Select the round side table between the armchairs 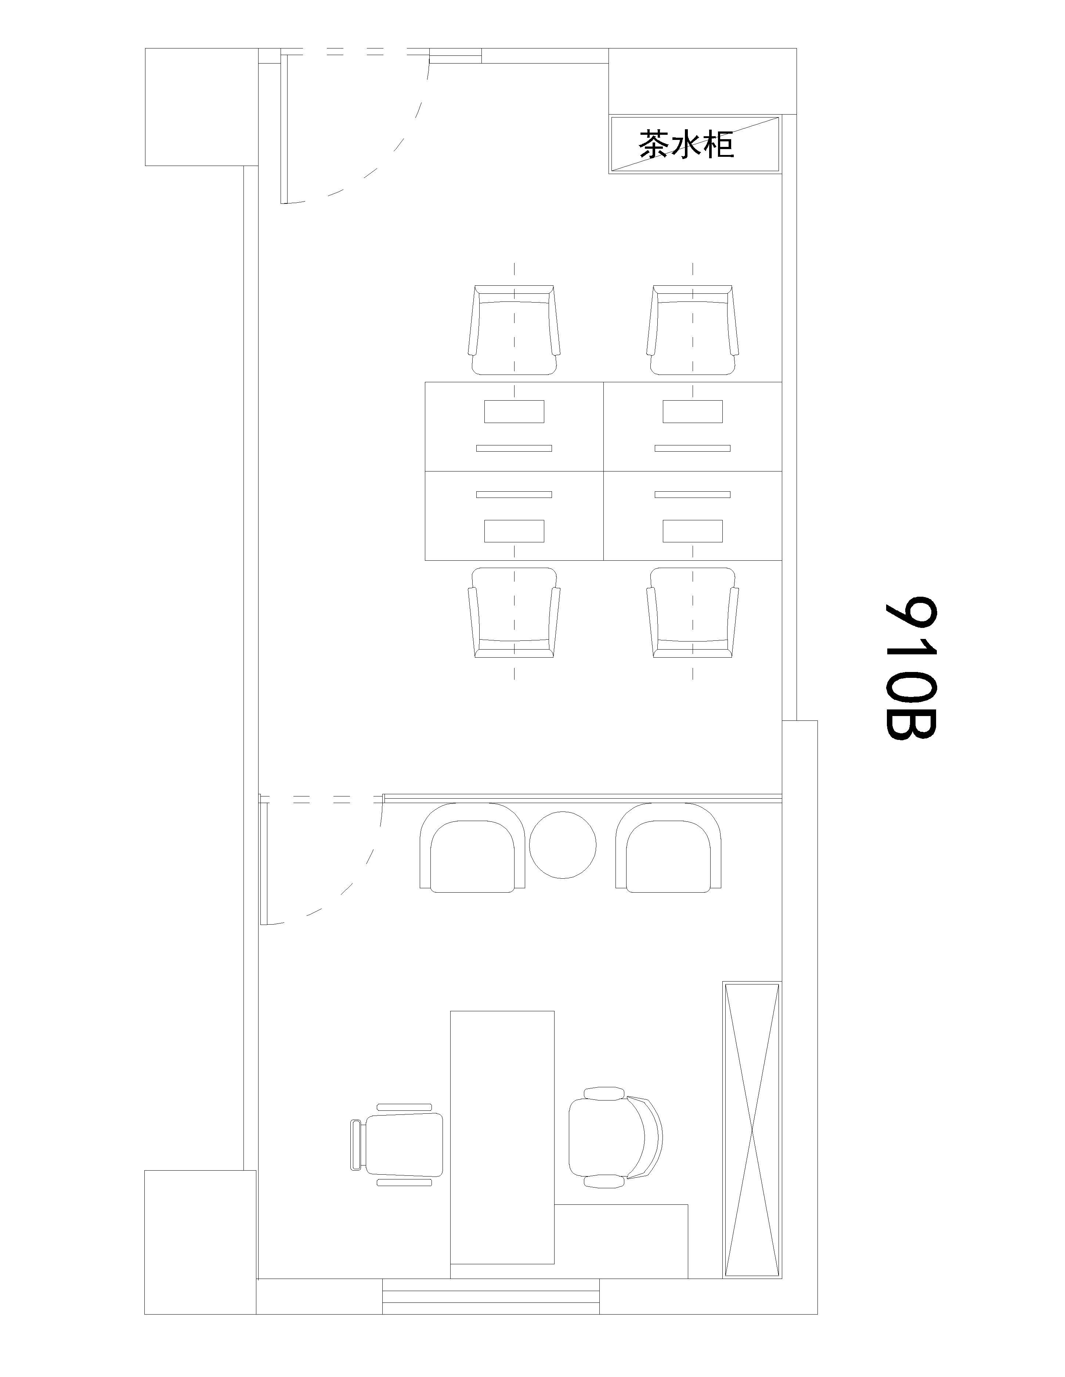coord(563,845)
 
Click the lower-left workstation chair coord(514,613)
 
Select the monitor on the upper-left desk coord(514,411)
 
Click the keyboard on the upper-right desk coord(692,448)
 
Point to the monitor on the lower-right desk coord(692,531)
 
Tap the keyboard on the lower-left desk coord(514,494)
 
